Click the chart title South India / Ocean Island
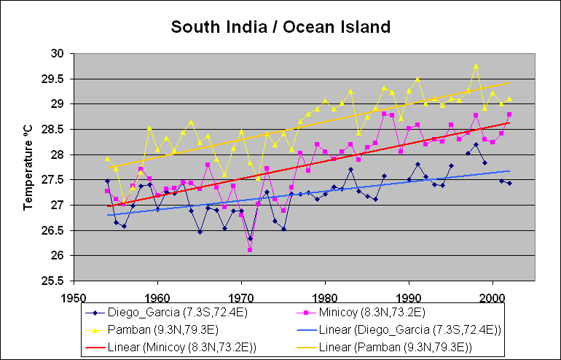(280, 28)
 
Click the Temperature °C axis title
(28, 167)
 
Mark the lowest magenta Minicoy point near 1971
(250, 250)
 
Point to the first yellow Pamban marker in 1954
(107, 158)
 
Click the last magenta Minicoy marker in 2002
(509, 114)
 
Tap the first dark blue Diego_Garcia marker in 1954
(107, 181)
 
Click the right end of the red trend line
(509, 122)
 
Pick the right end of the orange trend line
(509, 82)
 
